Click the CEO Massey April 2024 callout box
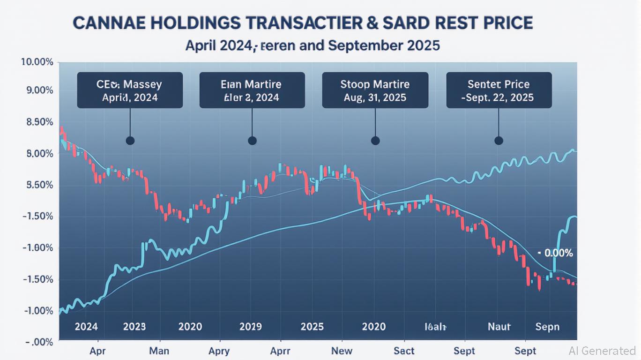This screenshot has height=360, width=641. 130,90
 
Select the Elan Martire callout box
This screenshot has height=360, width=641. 252,90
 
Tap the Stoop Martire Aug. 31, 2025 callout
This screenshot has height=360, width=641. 375,90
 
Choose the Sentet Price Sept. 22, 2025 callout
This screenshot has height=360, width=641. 499,90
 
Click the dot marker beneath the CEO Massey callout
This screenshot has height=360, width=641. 130,141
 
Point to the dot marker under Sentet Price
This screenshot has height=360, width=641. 499,141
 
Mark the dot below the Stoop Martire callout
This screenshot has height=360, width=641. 375,141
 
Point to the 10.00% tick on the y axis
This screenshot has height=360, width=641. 37,62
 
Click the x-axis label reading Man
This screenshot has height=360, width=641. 158,351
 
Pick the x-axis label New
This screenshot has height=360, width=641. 342,351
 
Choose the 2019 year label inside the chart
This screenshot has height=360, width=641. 251,326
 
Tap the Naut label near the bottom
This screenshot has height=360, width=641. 499,326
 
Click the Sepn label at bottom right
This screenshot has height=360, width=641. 548,326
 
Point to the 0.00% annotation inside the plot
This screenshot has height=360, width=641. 558,254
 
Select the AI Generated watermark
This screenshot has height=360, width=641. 602,351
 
